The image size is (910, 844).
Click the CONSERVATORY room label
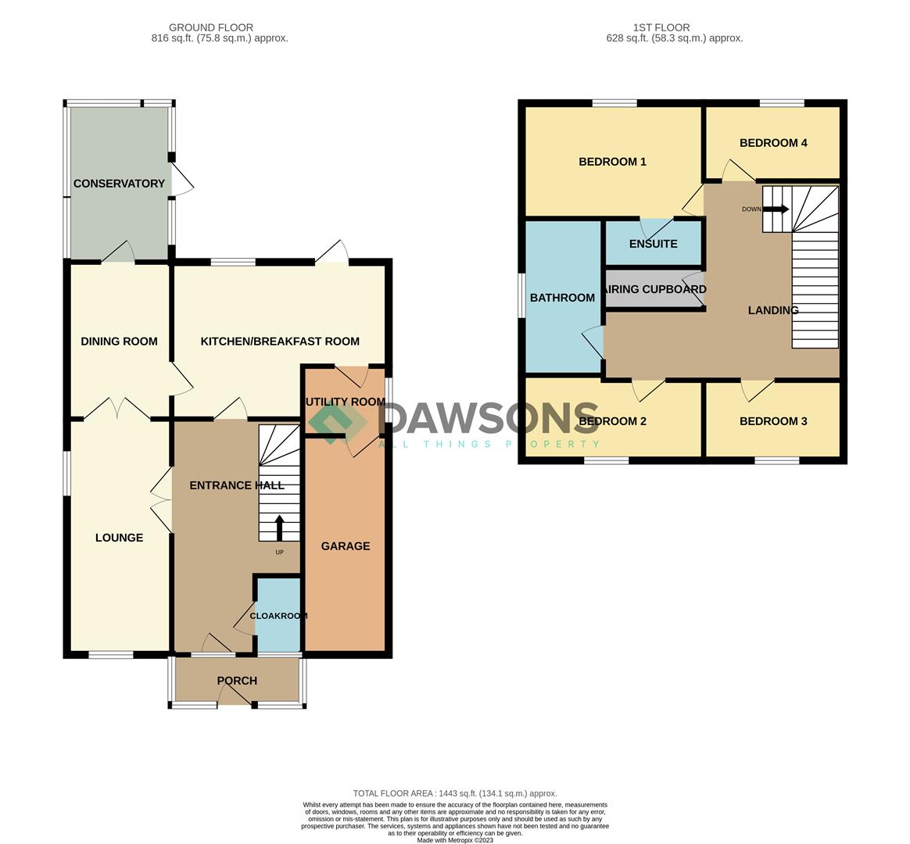point(119,184)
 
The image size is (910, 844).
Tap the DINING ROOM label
point(119,341)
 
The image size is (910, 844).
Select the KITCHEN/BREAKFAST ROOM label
point(280,341)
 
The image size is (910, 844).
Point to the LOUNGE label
point(119,538)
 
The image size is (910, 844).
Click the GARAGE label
point(346,545)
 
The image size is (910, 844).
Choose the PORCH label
point(237,681)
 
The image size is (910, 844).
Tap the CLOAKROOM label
point(278,616)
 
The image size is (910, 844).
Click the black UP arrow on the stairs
point(279,527)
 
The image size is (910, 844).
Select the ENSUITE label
point(653,244)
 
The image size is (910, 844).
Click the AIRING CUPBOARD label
point(655,289)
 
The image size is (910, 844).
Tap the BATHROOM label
point(562,298)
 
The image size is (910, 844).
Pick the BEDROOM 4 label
point(773,143)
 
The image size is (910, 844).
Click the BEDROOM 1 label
point(612,162)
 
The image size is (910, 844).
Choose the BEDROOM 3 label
point(773,421)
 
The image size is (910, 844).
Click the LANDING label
point(773,310)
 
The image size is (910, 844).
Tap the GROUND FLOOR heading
point(210,27)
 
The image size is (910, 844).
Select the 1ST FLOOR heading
point(661,27)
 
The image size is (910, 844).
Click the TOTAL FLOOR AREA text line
point(455,793)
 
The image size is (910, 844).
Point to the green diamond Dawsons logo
point(337,424)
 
